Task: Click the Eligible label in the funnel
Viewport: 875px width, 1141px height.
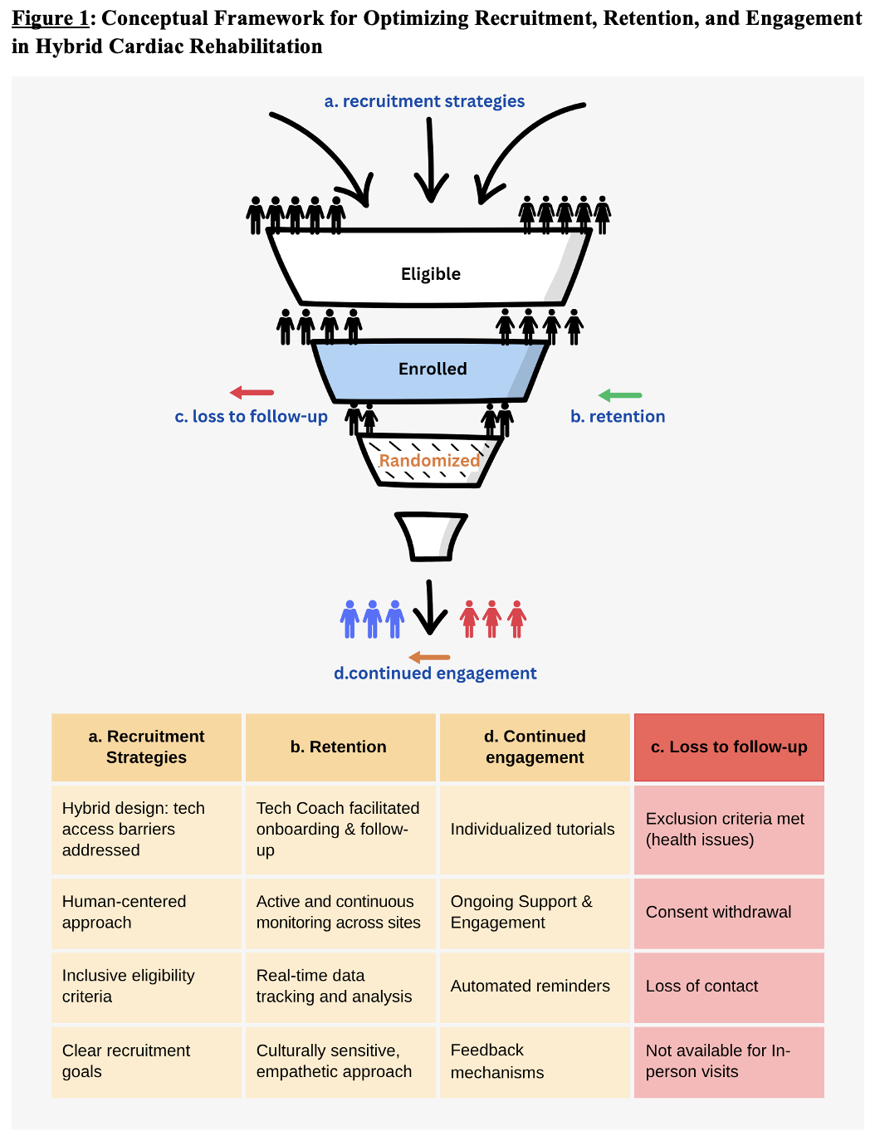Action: point(430,274)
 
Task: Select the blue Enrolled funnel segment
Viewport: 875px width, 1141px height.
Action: point(432,370)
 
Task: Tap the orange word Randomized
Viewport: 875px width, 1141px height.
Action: point(429,460)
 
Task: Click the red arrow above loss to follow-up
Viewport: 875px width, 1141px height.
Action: point(252,393)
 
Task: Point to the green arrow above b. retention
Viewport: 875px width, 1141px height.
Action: point(620,395)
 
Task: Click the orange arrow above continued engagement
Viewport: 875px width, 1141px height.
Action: point(429,658)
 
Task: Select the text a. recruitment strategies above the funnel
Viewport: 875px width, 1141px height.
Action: point(424,101)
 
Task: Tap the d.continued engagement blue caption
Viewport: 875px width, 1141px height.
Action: point(435,673)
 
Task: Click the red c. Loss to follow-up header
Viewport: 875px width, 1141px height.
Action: point(729,747)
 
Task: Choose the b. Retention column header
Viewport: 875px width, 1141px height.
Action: point(339,747)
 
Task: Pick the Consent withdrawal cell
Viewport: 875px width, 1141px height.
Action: point(719,912)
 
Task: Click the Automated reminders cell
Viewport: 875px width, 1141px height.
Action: point(530,986)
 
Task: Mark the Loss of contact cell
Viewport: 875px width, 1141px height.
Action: point(702,986)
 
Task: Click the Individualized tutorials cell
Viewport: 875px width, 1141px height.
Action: point(533,829)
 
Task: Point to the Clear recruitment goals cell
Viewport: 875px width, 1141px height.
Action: point(126,1061)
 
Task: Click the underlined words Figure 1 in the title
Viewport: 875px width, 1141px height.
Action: point(50,18)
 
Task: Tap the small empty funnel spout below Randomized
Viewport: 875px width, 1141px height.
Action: point(431,536)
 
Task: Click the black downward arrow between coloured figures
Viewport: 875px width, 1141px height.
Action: point(430,609)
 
